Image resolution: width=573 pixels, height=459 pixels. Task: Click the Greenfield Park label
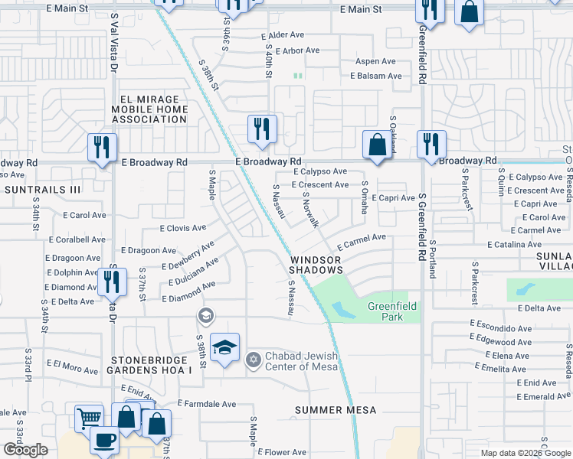click(x=391, y=311)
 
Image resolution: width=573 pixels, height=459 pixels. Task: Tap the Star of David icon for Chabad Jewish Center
click(x=254, y=359)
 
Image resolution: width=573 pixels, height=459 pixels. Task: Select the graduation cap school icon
click(x=224, y=347)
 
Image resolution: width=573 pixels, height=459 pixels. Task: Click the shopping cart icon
click(x=90, y=418)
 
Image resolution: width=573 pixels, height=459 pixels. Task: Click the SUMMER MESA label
click(x=336, y=410)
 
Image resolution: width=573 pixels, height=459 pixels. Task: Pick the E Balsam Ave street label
click(x=376, y=76)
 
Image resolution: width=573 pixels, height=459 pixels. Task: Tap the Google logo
click(x=25, y=450)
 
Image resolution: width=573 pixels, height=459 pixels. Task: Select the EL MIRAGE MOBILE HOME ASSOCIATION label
click(x=149, y=109)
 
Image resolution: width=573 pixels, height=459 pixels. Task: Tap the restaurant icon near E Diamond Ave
click(x=113, y=282)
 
